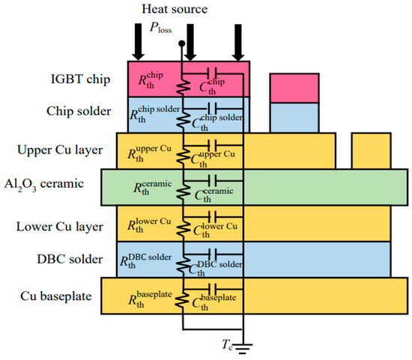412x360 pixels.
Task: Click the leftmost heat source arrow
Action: click(x=136, y=44)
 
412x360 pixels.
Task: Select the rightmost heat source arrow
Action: click(x=238, y=44)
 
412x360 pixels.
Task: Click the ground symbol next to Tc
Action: click(x=243, y=347)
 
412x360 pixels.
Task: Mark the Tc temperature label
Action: click(x=225, y=343)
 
